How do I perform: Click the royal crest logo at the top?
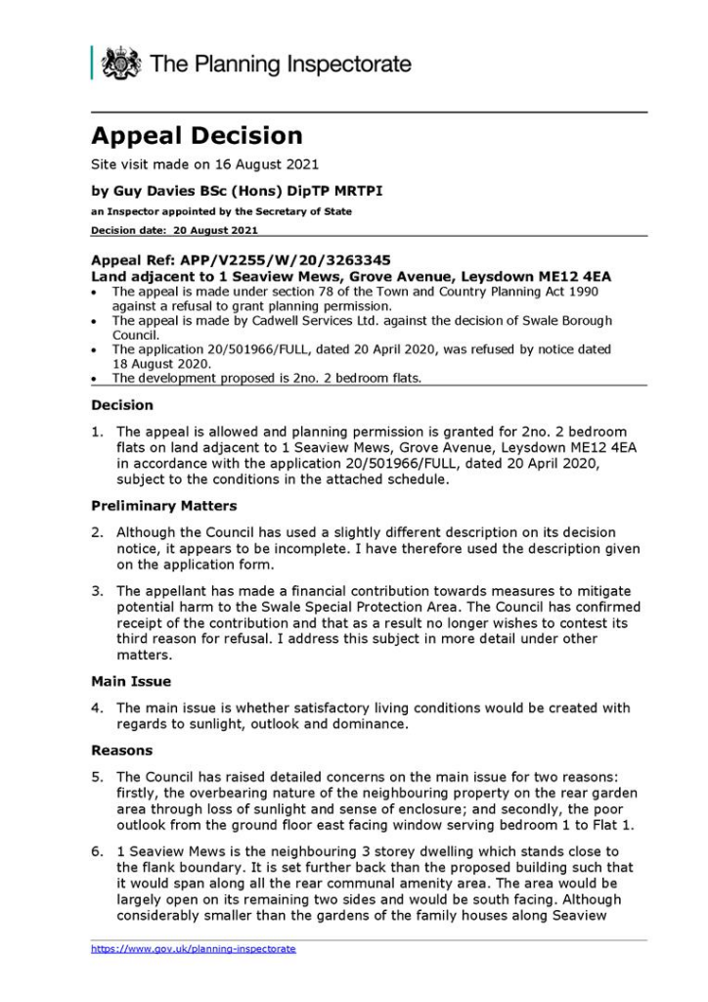coord(120,64)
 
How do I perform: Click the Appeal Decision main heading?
coord(197,136)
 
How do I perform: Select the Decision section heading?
coord(122,404)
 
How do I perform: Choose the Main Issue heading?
coord(132,682)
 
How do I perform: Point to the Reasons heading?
coord(122,751)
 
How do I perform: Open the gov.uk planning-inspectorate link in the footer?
coord(194,949)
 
